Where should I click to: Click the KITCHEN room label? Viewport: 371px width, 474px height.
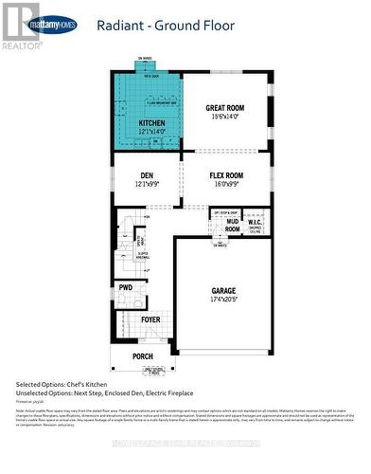[x=151, y=123]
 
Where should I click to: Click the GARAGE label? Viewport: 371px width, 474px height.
[x=223, y=291]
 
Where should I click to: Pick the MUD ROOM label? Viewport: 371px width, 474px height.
[x=232, y=226]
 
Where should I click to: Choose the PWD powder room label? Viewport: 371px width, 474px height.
[x=126, y=287]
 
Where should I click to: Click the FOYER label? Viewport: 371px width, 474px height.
[x=150, y=319]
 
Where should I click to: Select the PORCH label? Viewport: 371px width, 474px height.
[x=142, y=356]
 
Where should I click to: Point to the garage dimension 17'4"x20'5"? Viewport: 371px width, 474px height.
[x=223, y=300]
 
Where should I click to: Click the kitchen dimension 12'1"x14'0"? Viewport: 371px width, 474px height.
[x=151, y=132]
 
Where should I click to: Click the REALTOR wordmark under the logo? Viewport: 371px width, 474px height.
[x=23, y=45]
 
